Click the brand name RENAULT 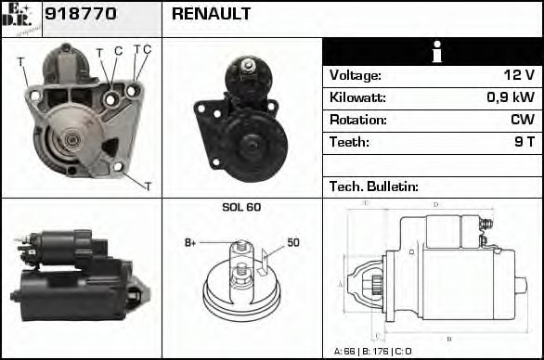(211, 15)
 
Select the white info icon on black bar (433, 53)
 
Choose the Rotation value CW (522, 121)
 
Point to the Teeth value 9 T (524, 143)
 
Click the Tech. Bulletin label (373, 186)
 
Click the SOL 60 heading (241, 207)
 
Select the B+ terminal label (190, 243)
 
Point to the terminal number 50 (292, 242)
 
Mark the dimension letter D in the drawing (435, 205)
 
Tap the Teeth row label (349, 143)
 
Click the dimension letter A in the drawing (341, 283)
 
